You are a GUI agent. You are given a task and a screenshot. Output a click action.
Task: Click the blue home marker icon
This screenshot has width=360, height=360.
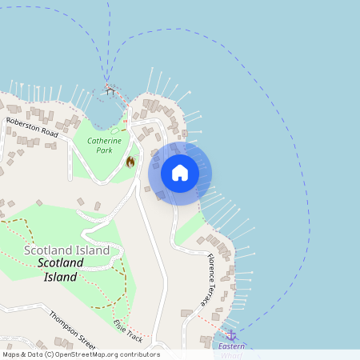click(x=180, y=173)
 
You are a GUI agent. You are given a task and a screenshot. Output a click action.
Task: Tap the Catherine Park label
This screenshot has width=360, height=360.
click(x=104, y=145)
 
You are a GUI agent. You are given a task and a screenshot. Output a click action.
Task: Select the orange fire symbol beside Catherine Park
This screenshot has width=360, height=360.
click(x=130, y=162)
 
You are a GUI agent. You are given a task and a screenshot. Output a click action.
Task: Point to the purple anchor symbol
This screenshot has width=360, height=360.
click(x=231, y=334)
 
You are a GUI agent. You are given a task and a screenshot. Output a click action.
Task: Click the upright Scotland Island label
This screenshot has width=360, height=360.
click(x=66, y=250)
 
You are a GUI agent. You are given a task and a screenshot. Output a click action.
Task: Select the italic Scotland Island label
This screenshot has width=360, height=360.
click(x=61, y=270)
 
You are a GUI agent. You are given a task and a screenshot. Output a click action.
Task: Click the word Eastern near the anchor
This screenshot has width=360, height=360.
click(x=232, y=346)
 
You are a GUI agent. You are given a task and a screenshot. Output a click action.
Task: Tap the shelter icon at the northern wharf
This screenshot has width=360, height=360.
click(x=110, y=90)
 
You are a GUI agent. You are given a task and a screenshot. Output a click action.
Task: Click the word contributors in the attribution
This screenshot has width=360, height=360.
click(x=138, y=354)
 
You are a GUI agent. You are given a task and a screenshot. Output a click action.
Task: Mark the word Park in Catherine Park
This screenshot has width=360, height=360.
click(x=104, y=150)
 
